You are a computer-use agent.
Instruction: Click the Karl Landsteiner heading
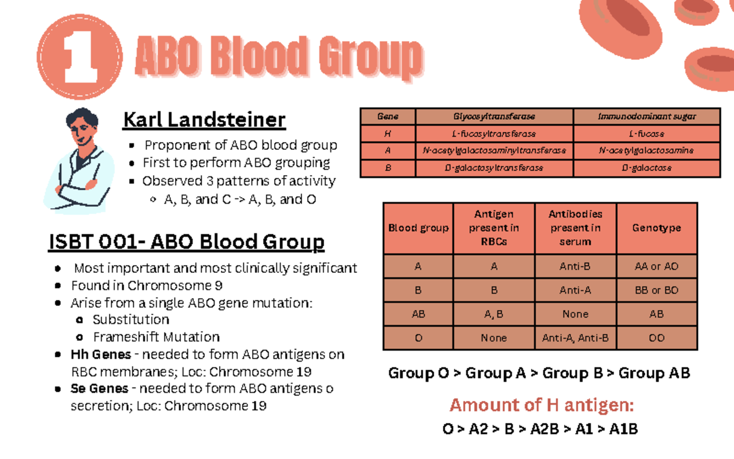coord(204,119)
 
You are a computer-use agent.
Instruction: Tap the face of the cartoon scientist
coord(81,131)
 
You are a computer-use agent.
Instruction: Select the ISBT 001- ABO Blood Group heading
coord(186,242)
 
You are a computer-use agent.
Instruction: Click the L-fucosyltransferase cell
coord(494,133)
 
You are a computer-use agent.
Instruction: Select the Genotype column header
coord(656,228)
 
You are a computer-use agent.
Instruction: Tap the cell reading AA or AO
coord(656,267)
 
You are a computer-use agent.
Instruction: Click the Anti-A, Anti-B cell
coord(575,338)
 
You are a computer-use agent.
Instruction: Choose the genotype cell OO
coord(656,338)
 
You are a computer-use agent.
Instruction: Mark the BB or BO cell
coord(656,291)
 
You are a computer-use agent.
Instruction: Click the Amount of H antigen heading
coord(541,405)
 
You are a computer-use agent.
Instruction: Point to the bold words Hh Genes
coord(101,354)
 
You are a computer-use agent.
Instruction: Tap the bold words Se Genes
coord(100,389)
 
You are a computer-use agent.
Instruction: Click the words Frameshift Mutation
coord(156,337)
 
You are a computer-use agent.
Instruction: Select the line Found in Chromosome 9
coord(147,285)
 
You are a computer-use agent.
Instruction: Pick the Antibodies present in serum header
coord(575,228)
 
